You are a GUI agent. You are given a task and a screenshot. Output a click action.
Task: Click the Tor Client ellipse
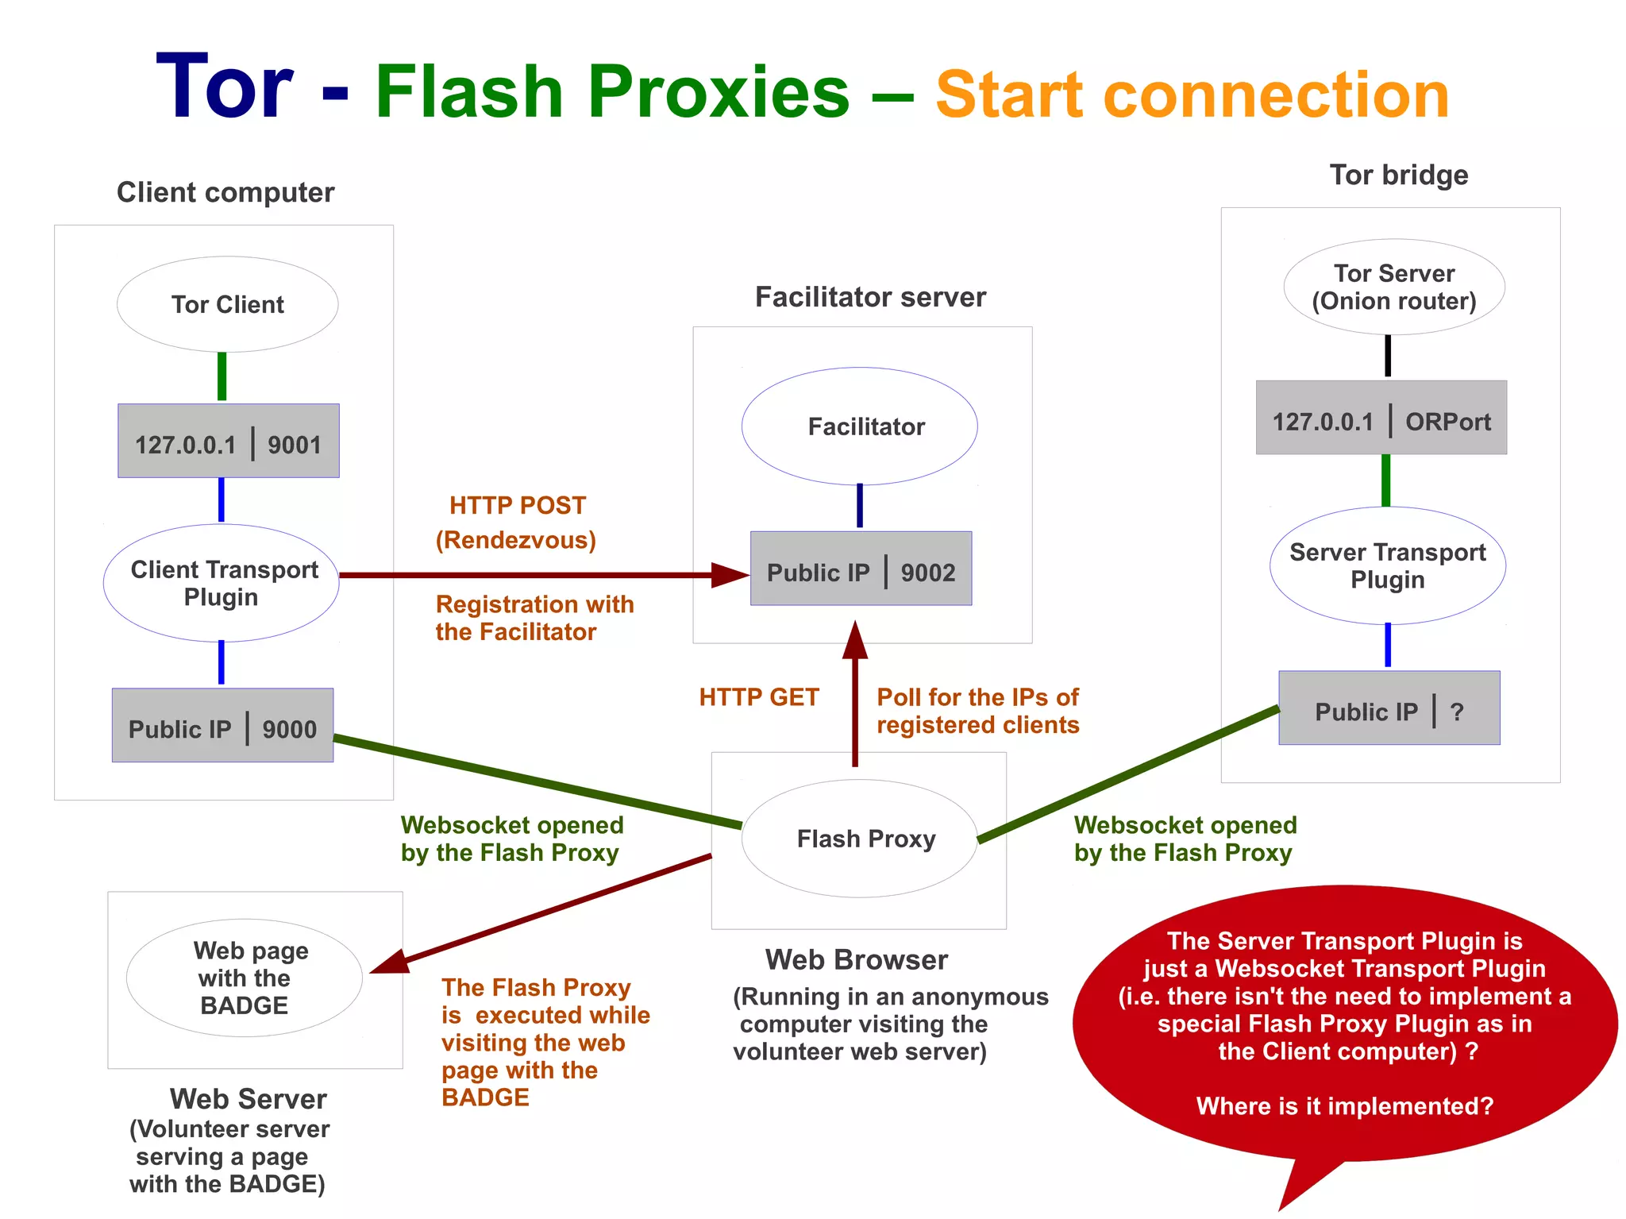tap(227, 304)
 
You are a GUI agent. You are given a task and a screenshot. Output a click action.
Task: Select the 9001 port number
tap(294, 445)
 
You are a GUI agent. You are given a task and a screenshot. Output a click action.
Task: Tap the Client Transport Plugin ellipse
tap(222, 583)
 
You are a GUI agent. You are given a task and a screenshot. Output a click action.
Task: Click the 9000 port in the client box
tap(289, 729)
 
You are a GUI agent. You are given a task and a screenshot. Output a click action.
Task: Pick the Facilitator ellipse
tap(860, 426)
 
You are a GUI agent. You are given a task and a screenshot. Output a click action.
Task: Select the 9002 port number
tap(927, 573)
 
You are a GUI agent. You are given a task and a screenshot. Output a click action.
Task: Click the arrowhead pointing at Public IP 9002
tap(729, 575)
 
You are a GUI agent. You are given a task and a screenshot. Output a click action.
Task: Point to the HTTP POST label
tap(518, 506)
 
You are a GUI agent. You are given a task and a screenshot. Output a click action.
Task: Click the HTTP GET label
tap(758, 697)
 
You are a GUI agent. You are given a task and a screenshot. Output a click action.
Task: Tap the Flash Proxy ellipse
tap(860, 839)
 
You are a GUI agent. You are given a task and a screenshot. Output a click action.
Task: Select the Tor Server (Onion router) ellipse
tap(1394, 287)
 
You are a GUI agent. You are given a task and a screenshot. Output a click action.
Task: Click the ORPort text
tap(1447, 422)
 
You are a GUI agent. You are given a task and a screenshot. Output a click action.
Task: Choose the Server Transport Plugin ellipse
tap(1388, 565)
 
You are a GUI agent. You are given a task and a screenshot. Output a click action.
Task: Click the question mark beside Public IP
tap(1457, 712)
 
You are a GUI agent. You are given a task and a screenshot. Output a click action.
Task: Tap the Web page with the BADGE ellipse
tap(245, 978)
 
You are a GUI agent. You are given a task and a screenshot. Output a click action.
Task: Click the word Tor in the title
tap(225, 87)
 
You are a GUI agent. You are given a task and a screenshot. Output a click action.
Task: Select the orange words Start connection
tap(1192, 95)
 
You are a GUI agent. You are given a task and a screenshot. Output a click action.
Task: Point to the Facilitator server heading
tap(870, 297)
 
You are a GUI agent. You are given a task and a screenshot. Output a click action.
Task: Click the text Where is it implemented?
tap(1344, 1105)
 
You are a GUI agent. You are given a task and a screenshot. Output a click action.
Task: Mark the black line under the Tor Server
tap(1388, 356)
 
